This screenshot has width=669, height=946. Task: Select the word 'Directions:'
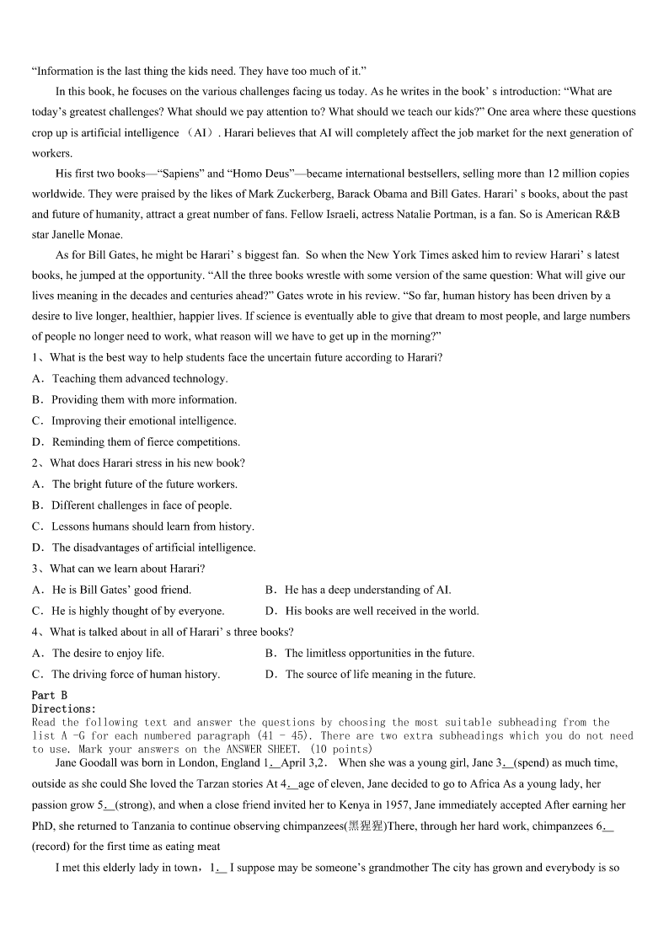[x=64, y=708]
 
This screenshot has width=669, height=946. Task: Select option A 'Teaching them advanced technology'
[x=139, y=378]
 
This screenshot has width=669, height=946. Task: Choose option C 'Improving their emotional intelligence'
[x=143, y=420]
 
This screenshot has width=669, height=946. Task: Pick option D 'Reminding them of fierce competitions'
[x=145, y=441]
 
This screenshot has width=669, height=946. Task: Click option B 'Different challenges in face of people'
[x=141, y=505]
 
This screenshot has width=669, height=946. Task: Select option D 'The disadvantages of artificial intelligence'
[x=153, y=548]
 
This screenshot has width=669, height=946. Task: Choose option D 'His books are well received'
[x=382, y=611]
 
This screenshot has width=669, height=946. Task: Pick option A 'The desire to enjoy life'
[x=107, y=653]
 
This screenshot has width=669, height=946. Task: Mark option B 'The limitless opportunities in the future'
[x=379, y=653]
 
